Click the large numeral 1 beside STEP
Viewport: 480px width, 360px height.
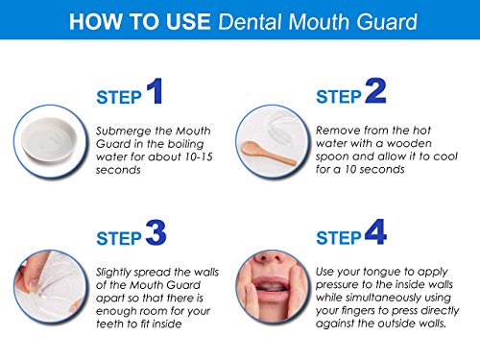pyautogui.click(x=154, y=93)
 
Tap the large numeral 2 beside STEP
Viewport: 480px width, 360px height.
pyautogui.click(x=375, y=93)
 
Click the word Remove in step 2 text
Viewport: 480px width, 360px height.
pyautogui.click(x=338, y=129)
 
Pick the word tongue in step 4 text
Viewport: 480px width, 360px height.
pyautogui.click(x=390, y=273)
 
